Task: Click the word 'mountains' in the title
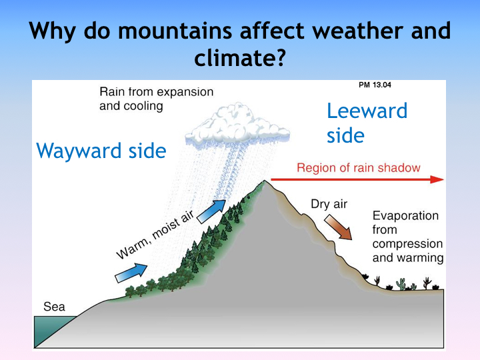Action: (175, 31)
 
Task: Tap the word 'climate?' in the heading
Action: (240, 58)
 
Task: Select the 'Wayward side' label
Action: (101, 151)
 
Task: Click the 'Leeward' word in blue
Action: (367, 111)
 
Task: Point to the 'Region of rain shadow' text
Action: (359, 168)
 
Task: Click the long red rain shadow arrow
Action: (357, 179)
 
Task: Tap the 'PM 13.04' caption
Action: (375, 85)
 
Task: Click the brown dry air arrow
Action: (338, 227)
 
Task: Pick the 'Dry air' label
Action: (329, 204)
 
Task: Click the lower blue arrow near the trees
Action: (131, 273)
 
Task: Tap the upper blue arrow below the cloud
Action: (211, 211)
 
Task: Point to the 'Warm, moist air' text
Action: (155, 235)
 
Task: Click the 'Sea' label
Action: (54, 307)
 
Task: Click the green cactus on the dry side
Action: (401, 284)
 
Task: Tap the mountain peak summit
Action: (265, 181)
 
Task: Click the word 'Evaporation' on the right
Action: (405, 216)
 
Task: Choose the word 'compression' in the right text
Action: (407, 244)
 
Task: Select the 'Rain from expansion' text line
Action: (157, 92)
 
